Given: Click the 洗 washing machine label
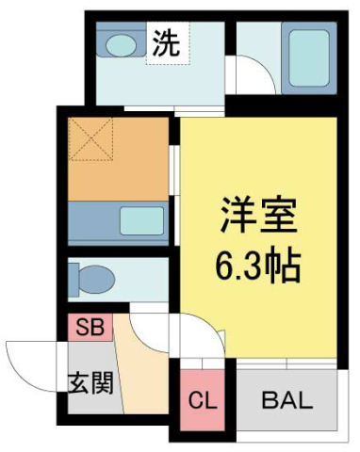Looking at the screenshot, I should [x=167, y=43].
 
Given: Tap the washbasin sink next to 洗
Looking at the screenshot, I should [x=120, y=43].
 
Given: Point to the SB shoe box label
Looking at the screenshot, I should [x=90, y=329].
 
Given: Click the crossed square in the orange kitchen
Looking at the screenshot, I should [x=92, y=141].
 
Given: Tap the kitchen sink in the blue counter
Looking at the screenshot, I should [x=139, y=221].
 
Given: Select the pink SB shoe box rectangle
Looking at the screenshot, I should [x=90, y=329].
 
